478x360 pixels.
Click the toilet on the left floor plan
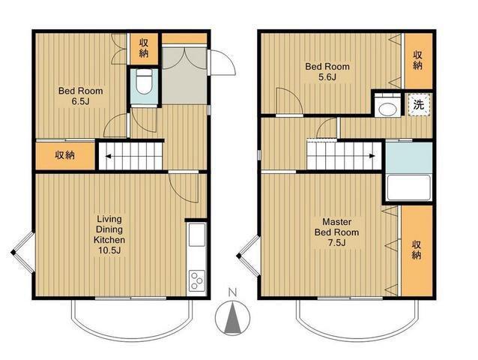[144, 82]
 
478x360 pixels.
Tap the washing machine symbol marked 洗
[419, 105]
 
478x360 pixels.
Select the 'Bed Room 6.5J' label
[80, 96]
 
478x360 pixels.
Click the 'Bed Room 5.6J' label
[327, 72]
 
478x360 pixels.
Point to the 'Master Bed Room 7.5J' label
[336, 232]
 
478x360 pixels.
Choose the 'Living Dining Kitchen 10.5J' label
[109, 235]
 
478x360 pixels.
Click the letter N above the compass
[232, 293]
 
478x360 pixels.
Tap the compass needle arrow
[232, 317]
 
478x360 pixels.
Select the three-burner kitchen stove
[196, 280]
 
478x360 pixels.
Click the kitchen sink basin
[196, 235]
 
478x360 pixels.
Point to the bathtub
[408, 187]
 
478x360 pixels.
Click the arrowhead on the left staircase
[108, 157]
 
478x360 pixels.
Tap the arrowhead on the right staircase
[372, 156]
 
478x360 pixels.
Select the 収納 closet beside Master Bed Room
[417, 250]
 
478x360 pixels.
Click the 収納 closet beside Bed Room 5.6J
[418, 61]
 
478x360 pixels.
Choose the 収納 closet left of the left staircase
[65, 155]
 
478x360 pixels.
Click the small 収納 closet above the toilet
[144, 49]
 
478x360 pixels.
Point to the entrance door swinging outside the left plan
[222, 62]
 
